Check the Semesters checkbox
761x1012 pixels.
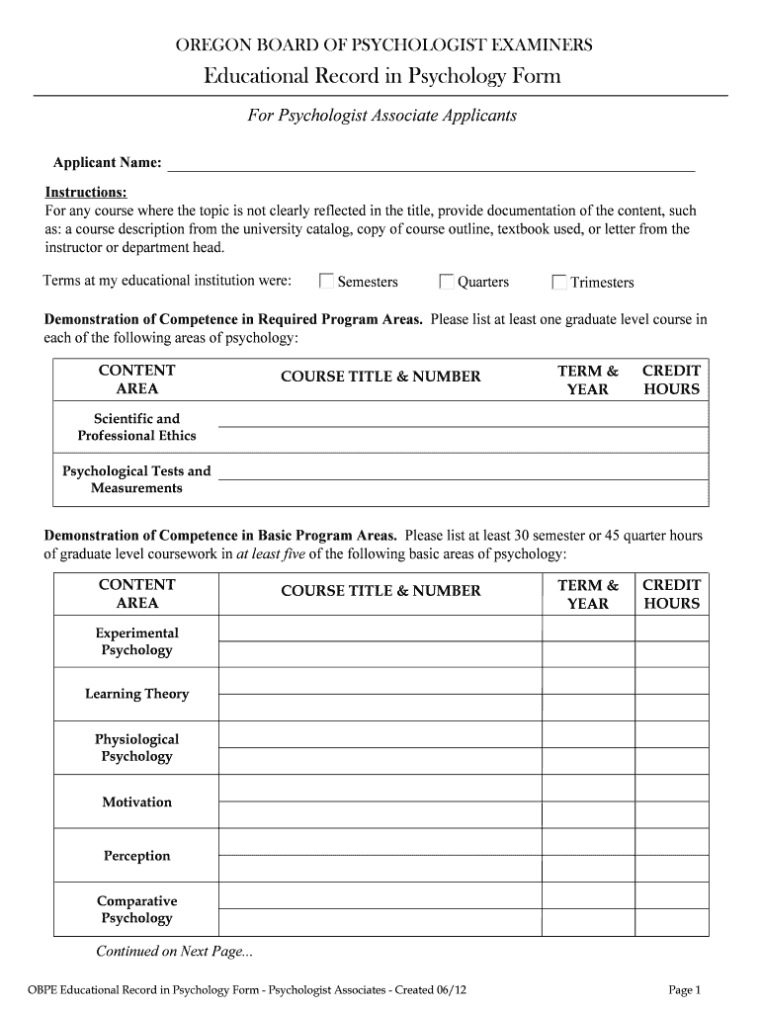[x=326, y=282]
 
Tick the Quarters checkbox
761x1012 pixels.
[x=447, y=282]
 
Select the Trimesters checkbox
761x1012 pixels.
[x=559, y=282]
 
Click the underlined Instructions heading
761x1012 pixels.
[x=86, y=192]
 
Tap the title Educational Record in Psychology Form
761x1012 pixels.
[x=381, y=76]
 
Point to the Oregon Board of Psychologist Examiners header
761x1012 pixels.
[x=384, y=44]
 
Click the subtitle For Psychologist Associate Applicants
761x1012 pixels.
[x=381, y=116]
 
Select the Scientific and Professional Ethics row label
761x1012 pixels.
[x=136, y=427]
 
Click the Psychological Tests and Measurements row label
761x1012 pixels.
[x=136, y=479]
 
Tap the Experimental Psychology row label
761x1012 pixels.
[x=136, y=641]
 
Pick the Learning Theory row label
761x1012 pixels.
[x=136, y=694]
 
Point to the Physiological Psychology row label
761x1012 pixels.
[x=136, y=747]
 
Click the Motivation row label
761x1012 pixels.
[x=136, y=801]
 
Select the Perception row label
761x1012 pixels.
[x=136, y=855]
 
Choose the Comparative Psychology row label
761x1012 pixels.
[x=136, y=909]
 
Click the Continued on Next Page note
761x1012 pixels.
[x=174, y=952]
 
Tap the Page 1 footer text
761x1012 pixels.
[x=684, y=989]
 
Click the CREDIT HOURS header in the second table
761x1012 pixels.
[x=671, y=594]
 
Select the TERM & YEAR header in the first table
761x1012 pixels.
[x=588, y=379]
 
